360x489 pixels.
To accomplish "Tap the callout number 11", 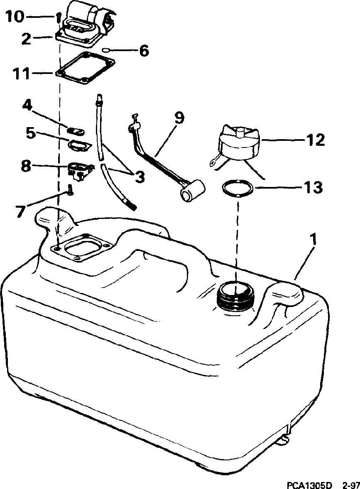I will tap(20, 74).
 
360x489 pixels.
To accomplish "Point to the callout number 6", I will tap(143, 51).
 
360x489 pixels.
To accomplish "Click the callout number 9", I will tap(178, 118).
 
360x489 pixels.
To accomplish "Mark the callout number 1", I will tap(314, 240).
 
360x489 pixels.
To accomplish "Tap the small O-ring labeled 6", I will tap(106, 50).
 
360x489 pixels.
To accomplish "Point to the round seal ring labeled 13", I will tap(237, 189).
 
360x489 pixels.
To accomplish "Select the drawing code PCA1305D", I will tap(309, 485).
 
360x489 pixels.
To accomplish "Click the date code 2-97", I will tap(350, 485).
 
